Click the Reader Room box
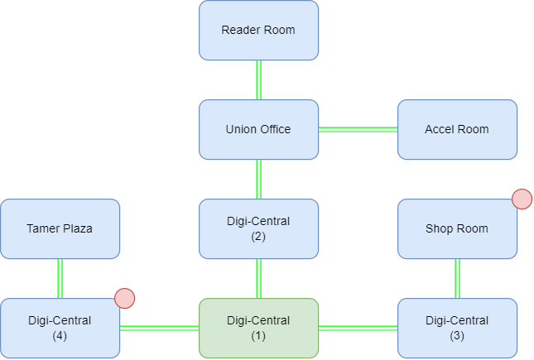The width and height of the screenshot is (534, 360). coord(258,31)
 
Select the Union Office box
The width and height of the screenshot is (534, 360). coord(258,130)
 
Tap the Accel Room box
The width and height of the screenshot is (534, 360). coord(457,130)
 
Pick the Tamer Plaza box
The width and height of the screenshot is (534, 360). coord(60,228)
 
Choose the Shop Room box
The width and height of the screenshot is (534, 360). coord(457,228)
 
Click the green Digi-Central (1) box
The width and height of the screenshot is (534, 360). coord(258,328)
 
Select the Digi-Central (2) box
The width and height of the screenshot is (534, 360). coord(258,228)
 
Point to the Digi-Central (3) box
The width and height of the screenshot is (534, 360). coord(457,328)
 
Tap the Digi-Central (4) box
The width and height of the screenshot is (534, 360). coord(60,328)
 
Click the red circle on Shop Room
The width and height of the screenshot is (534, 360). coord(522,199)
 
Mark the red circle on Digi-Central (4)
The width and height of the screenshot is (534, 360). coord(124,298)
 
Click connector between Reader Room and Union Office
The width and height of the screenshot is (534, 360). coord(258,80)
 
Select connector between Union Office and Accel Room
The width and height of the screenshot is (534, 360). coord(358,129)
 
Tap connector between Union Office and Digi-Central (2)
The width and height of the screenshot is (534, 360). coord(258,179)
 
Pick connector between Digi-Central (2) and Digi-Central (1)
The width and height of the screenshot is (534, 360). coord(258,278)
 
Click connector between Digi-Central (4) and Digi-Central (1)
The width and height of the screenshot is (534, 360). coord(159,328)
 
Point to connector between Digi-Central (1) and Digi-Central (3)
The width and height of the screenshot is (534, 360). coord(358,328)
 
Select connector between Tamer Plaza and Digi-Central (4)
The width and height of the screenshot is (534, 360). coord(60,278)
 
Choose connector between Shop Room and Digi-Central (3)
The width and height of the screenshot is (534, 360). coord(457,278)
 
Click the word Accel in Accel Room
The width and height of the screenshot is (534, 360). coord(440,130)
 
